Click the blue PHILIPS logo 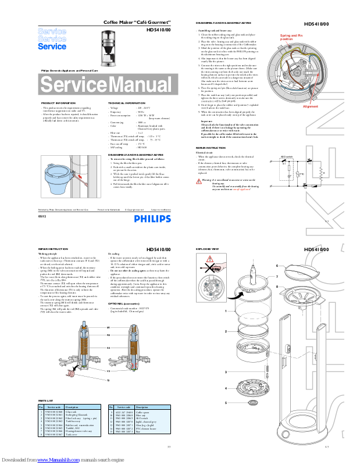pos(152,219)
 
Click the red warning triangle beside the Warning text pos(199,181)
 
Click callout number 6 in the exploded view pos(277,265)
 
